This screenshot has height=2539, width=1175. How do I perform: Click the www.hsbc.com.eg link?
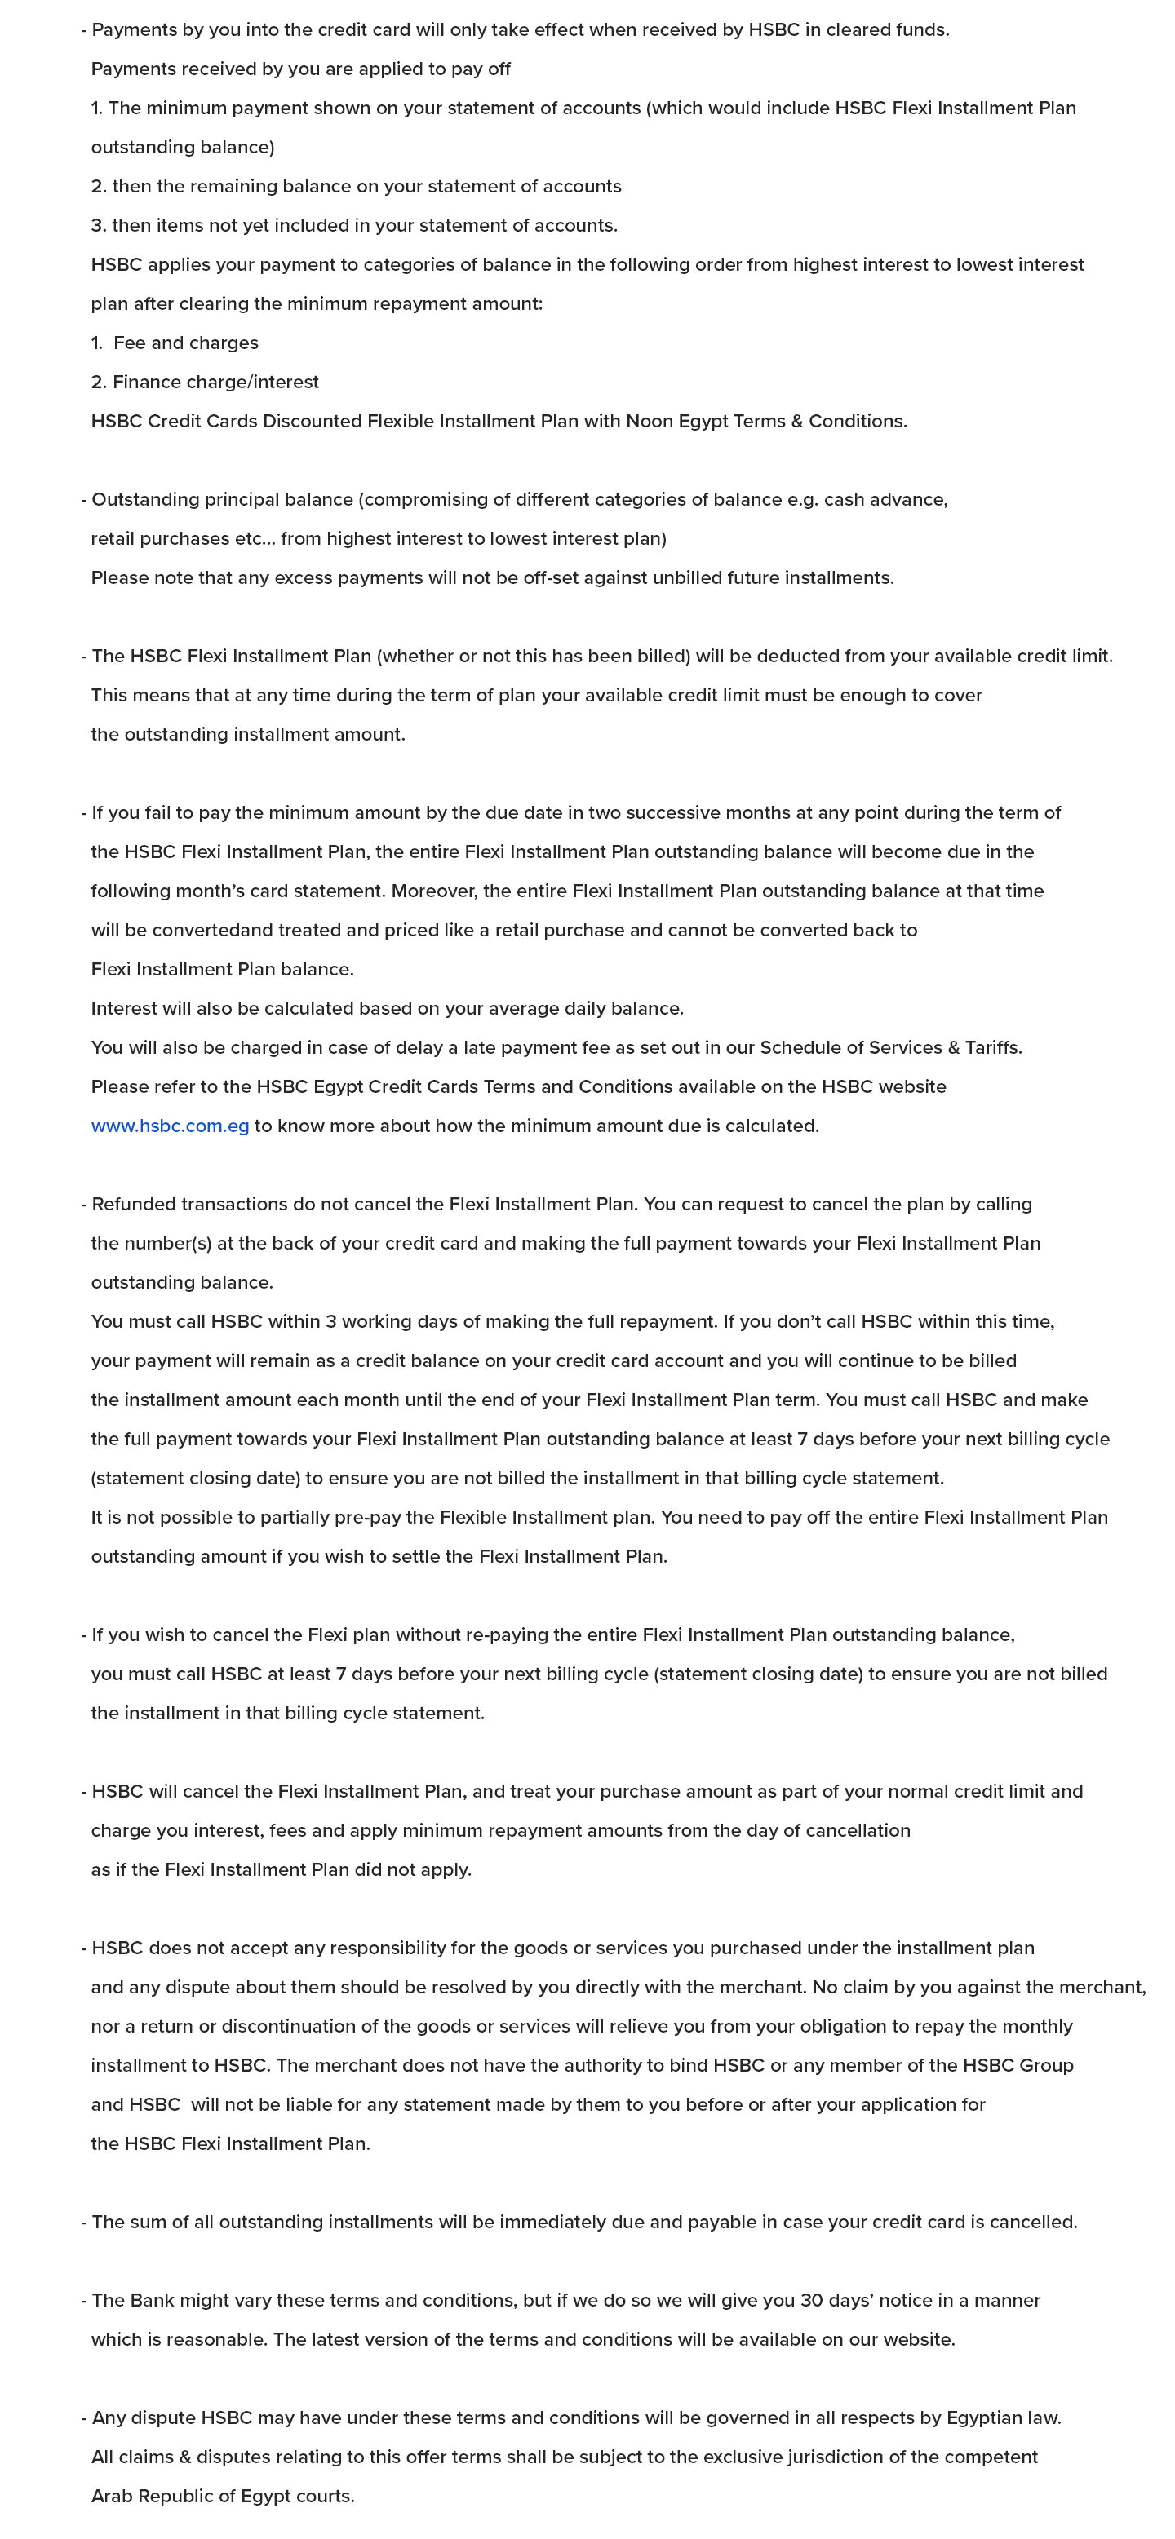point(170,1126)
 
